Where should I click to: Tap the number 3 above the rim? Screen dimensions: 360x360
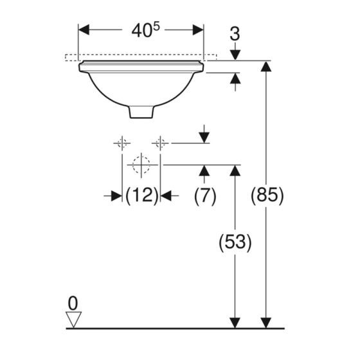[x=235, y=34]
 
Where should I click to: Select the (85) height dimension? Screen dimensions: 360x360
[x=267, y=195]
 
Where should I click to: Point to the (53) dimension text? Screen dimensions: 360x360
[x=235, y=242]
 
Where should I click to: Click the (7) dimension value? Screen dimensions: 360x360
[x=205, y=196]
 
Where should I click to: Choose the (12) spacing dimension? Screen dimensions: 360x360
[x=141, y=196]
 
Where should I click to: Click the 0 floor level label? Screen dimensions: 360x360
[x=73, y=303]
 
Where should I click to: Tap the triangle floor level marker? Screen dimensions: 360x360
[x=73, y=319]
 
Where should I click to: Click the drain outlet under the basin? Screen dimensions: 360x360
[x=141, y=112]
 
